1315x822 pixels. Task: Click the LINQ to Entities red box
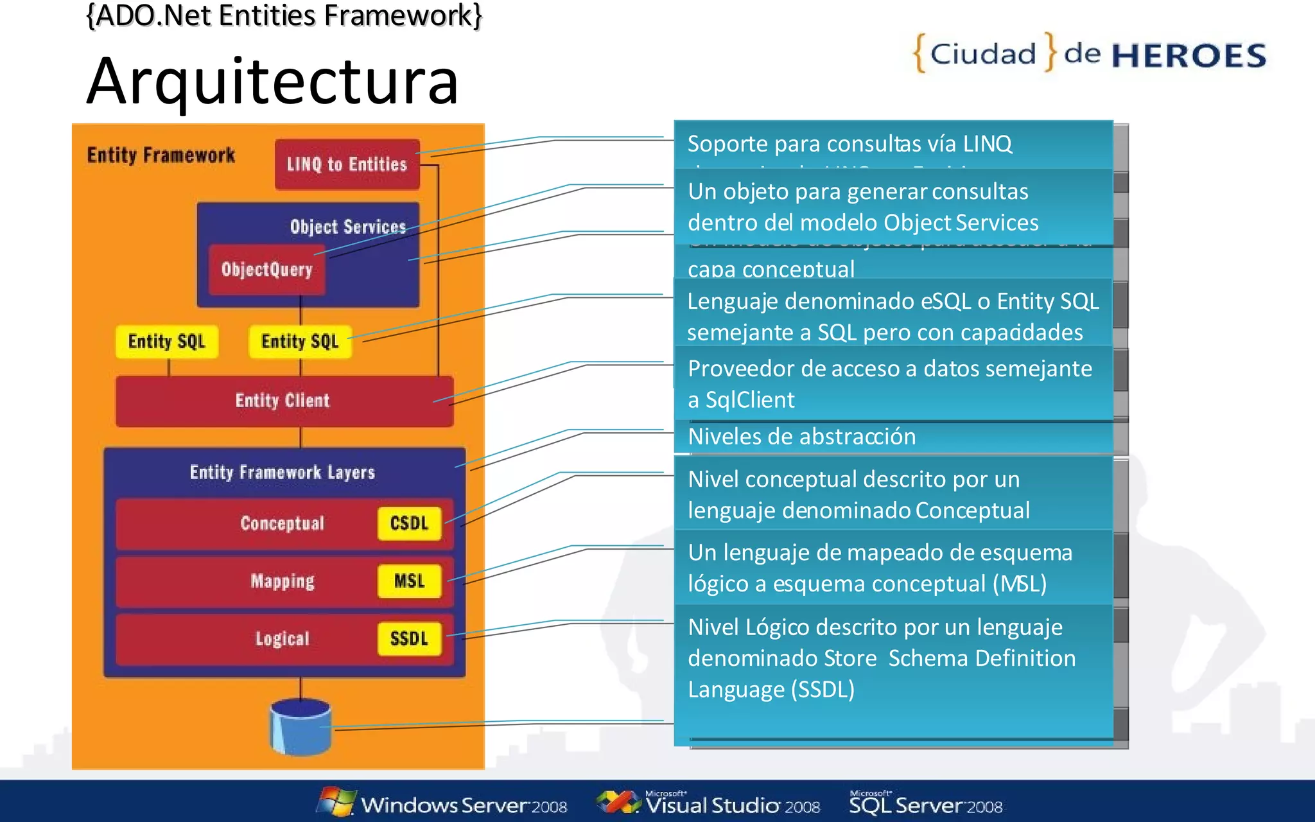[347, 164]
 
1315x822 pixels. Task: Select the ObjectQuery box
[266, 270]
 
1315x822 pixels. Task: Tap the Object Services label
[347, 227]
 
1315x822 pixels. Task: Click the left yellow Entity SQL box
[167, 341]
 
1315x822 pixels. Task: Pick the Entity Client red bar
[283, 401]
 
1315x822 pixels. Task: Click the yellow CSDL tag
[409, 523]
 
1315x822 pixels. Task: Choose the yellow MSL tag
[409, 581]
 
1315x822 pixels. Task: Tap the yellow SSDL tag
[409, 638]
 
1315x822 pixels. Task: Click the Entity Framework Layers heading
[283, 473]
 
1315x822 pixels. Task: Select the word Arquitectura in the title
[272, 82]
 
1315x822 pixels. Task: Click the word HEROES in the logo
[1189, 56]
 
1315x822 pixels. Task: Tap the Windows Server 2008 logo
[443, 803]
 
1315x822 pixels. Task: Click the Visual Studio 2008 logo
[710, 803]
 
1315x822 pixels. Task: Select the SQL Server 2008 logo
[925, 803]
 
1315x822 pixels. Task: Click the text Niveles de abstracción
[801, 437]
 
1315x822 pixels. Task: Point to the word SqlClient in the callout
[749, 400]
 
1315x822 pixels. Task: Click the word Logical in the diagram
[283, 638]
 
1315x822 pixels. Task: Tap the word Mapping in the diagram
[283, 581]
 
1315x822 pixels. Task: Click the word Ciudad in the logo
[983, 54]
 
